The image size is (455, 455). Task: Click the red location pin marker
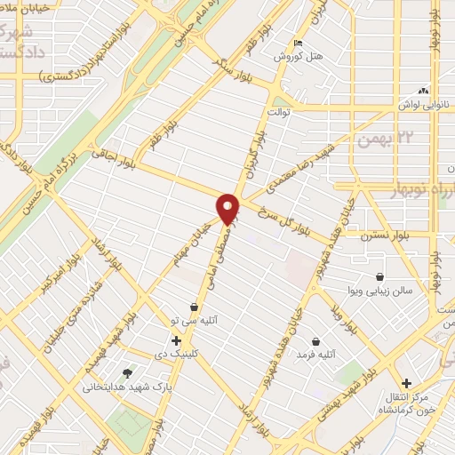pos(228,208)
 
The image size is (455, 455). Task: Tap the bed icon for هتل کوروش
pos(297,43)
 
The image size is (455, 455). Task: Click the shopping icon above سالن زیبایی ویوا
pos(379,276)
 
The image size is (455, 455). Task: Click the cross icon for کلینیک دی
pos(176,340)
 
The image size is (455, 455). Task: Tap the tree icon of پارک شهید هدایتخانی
pos(126,373)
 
